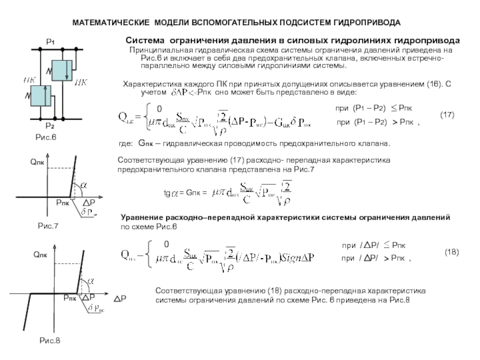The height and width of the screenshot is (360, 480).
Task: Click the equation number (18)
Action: [451, 253]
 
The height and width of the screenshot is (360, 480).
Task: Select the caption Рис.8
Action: [50, 340]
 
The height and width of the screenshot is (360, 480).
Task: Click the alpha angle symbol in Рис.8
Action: [91, 280]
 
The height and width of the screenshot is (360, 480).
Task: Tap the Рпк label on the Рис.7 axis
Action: [62, 204]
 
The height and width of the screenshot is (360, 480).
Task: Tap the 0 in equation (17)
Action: [158, 109]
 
